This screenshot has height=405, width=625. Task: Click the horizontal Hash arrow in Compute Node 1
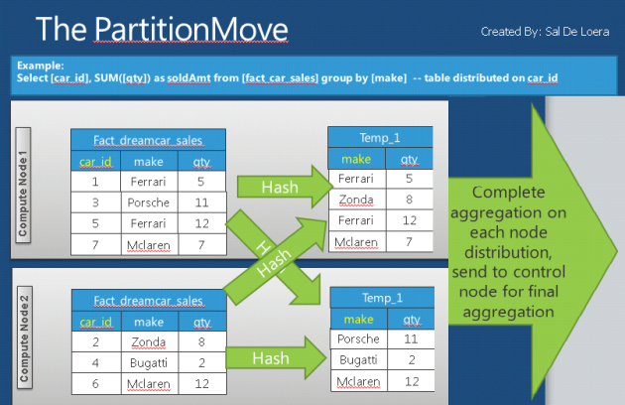[x=278, y=187]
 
